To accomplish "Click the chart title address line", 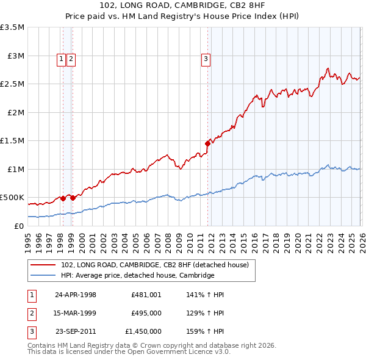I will pyautogui.click(x=183, y=5).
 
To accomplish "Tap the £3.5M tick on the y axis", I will pyautogui.click(x=13, y=28).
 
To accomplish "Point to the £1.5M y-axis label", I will pyautogui.click(x=13, y=141).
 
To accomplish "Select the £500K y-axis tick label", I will pyautogui.click(x=13, y=198).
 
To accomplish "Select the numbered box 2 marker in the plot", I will pyautogui.click(x=71, y=59).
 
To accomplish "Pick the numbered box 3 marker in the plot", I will pyautogui.click(x=206, y=59).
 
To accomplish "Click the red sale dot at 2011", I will pyautogui.click(x=207, y=144).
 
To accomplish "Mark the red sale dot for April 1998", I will pyautogui.click(x=63, y=198).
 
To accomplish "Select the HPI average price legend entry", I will pyautogui.click(x=137, y=276).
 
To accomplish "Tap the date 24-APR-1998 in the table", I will pyautogui.click(x=76, y=295).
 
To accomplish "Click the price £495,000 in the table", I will pyautogui.click(x=146, y=313).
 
